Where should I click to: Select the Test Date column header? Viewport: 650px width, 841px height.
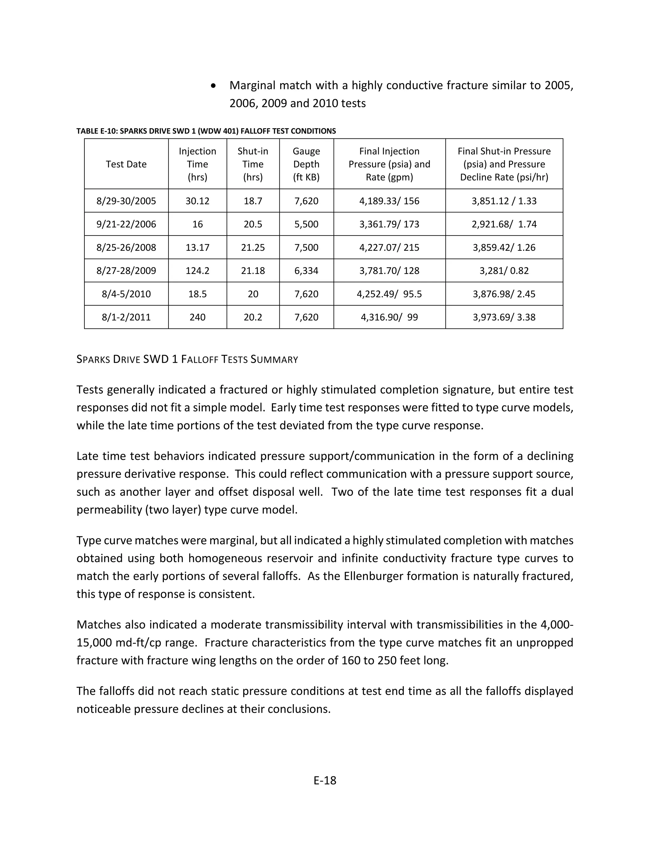[126, 164]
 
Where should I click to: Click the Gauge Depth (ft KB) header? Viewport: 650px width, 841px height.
[306, 164]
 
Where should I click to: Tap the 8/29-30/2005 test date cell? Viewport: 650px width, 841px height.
[126, 201]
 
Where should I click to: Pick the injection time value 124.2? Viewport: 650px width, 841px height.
[197, 271]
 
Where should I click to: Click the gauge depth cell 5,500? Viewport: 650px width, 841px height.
[306, 224]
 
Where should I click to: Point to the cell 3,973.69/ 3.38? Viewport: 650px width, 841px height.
[504, 317]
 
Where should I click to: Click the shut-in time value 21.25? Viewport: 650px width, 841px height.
[253, 247]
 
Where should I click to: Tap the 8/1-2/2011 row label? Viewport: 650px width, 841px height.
[126, 317]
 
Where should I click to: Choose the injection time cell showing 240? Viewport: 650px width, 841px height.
[197, 317]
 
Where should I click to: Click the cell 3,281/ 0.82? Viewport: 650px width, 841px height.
[504, 271]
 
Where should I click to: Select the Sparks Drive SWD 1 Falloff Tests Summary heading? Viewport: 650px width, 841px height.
[187, 359]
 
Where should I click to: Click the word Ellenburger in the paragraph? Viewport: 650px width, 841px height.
[371, 576]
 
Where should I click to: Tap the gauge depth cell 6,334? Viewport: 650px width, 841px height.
[306, 271]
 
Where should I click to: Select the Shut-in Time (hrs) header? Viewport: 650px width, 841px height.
[253, 164]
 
